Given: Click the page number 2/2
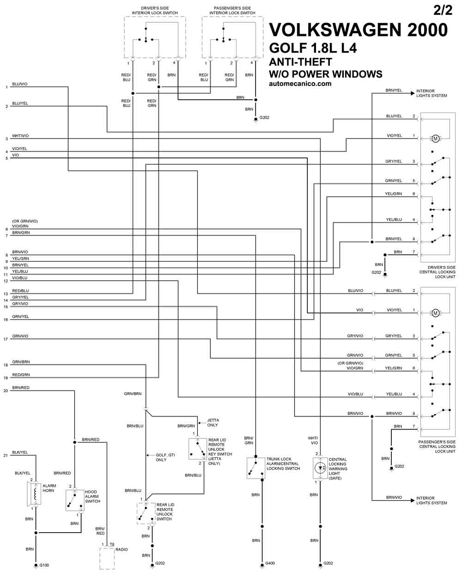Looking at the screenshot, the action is [443, 10].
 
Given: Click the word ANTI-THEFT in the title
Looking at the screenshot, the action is [300, 62].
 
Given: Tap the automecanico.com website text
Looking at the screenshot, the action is [300, 84].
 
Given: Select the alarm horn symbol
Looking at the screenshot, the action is [34, 494].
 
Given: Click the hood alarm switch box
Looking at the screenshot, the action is [75, 500].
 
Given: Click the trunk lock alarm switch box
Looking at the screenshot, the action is [256, 468].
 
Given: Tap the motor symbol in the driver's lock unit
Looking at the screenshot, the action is [436, 139].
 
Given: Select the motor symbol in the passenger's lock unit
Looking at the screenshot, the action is [436, 313].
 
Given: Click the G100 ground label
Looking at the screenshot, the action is [44, 565].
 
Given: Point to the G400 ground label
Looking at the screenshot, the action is [270, 563].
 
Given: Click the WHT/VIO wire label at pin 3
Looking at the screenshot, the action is [20, 136].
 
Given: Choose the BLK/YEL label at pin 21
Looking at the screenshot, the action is [20, 452].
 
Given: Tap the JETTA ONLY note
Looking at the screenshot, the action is [213, 423].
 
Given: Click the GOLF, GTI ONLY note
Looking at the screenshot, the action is [165, 457].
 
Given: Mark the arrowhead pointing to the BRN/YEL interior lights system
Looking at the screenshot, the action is [413, 93].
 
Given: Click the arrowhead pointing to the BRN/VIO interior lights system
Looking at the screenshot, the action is [413, 501].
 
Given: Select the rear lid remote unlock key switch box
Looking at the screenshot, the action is [198, 449].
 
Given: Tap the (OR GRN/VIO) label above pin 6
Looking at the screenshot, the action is [25, 221].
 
